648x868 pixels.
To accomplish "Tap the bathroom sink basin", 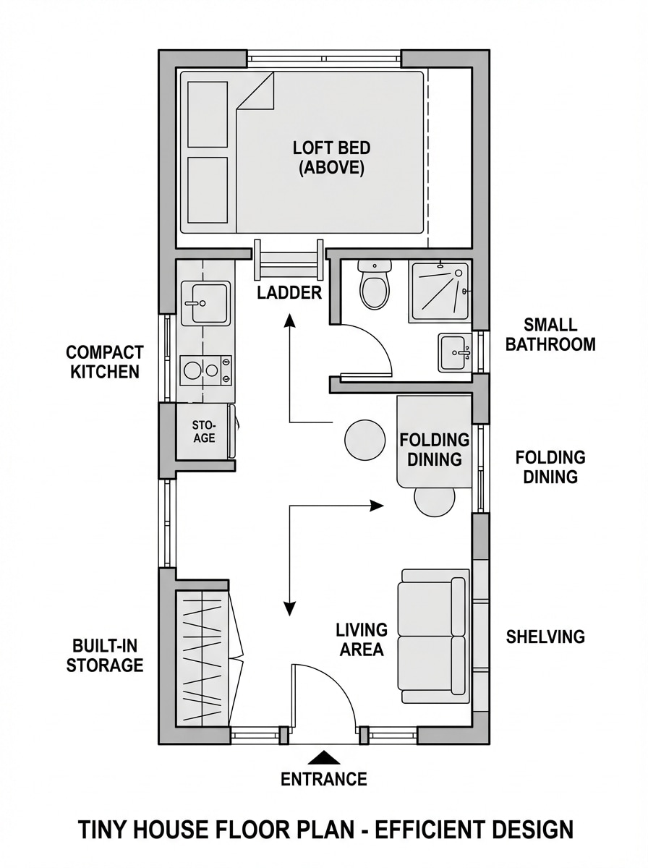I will pyautogui.click(x=454, y=353).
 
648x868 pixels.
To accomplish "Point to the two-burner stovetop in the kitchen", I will pyautogui.click(x=206, y=370).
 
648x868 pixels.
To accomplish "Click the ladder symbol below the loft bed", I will pyautogui.click(x=289, y=260).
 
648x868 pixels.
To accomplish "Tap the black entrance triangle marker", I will pyautogui.click(x=324, y=757).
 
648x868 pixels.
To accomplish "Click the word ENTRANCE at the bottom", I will pyautogui.click(x=324, y=779).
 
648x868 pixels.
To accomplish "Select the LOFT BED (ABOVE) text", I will pyautogui.click(x=331, y=158).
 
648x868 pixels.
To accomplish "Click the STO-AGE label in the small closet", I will pyautogui.click(x=204, y=432).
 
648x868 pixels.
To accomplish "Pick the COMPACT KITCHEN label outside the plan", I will pyautogui.click(x=105, y=362).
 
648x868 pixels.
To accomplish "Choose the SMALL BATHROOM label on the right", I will pyautogui.click(x=550, y=334).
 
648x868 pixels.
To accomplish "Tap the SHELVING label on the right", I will pyautogui.click(x=545, y=637).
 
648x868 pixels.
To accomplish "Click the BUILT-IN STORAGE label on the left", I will pyautogui.click(x=105, y=655).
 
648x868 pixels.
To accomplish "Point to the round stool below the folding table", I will pyautogui.click(x=435, y=501).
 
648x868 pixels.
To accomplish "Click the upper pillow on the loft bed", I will pyautogui.click(x=208, y=114).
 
